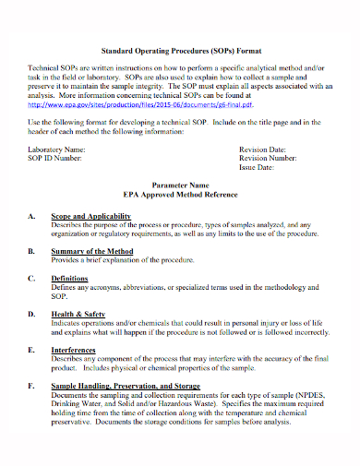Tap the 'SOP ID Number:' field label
click(x=54, y=158)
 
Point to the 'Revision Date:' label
click(x=264, y=149)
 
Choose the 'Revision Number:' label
click(x=269, y=158)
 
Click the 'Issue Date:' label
click(x=258, y=168)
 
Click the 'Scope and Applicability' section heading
click(x=90, y=215)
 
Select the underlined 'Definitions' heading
click(x=70, y=278)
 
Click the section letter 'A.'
click(x=32, y=215)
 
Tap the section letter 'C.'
click(x=32, y=278)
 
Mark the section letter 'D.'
click(x=32, y=314)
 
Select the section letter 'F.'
click(x=32, y=387)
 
